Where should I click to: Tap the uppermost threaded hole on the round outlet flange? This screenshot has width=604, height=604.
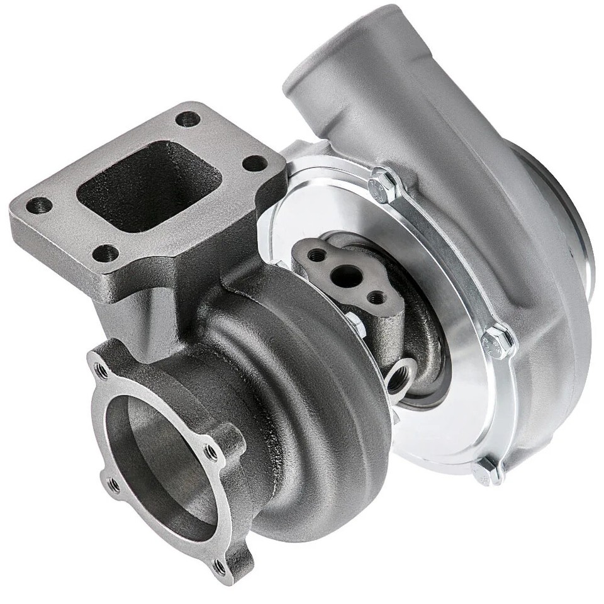tap(99, 365)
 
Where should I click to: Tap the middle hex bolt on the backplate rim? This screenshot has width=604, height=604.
tap(497, 340)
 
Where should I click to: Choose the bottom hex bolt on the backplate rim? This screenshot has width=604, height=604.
tap(488, 469)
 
